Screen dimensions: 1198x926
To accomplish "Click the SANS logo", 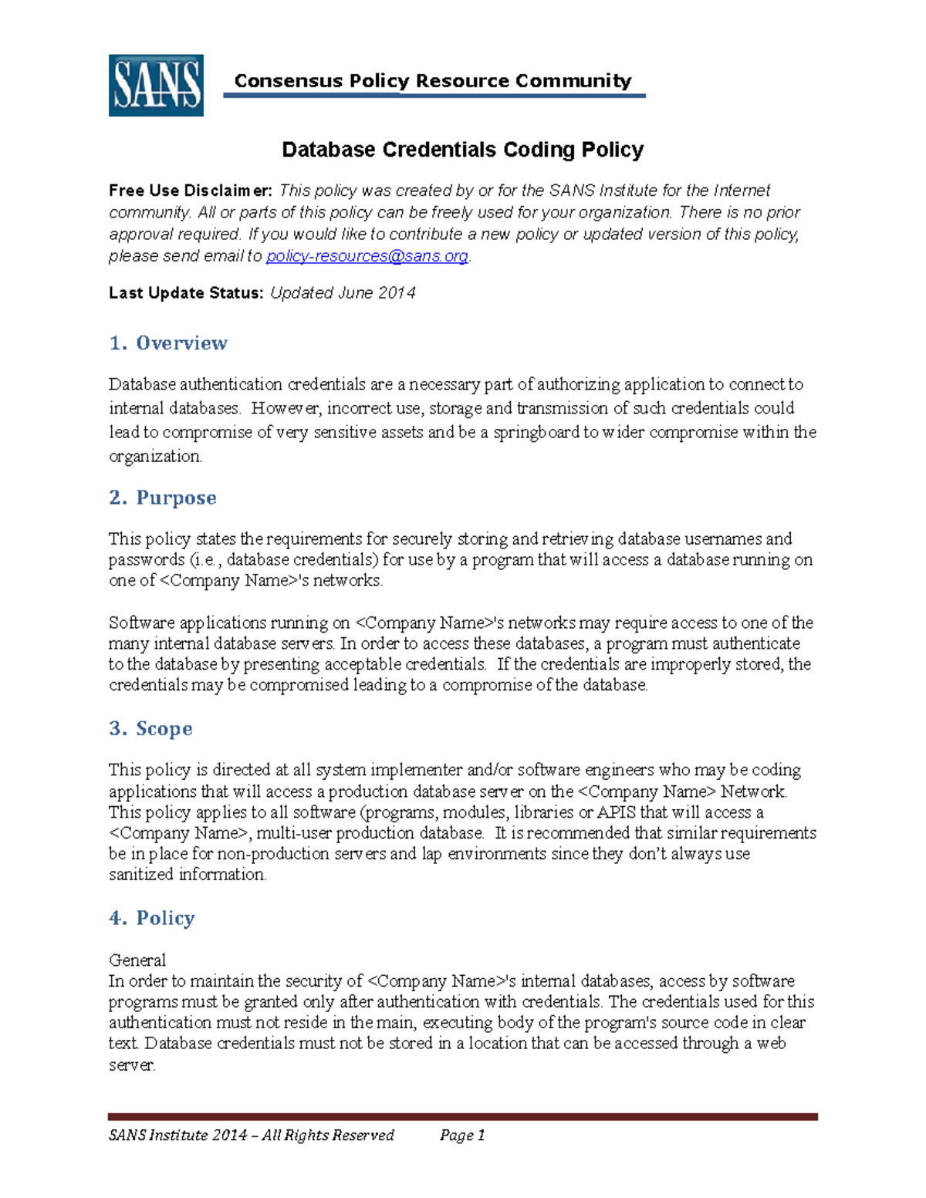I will (156, 86).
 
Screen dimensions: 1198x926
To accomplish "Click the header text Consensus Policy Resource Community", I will (432, 81).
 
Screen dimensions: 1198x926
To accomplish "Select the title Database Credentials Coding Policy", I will (462, 150).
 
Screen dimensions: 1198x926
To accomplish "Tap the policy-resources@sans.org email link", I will (367, 256).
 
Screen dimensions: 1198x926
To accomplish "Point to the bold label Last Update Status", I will (186, 293).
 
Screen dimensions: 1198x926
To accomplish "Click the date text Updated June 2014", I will (343, 293).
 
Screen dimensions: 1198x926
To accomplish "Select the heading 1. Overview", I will (168, 343).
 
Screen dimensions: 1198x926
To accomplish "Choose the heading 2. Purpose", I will (163, 498).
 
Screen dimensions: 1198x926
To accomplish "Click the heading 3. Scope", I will (150, 729).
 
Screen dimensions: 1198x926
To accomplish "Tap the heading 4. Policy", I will (152, 918).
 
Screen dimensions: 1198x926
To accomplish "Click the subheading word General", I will (137, 960).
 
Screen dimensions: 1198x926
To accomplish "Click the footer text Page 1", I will (462, 1135).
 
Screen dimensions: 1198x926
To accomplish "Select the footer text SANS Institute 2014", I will (178, 1135).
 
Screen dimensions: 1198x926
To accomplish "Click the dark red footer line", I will (462, 1116).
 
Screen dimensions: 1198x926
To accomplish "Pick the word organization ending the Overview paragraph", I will (154, 457).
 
